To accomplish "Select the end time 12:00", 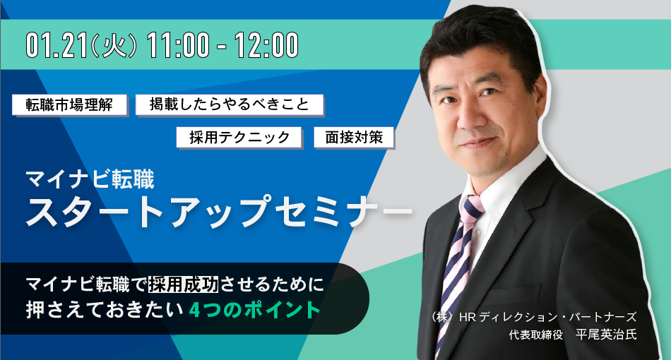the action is tap(266, 45).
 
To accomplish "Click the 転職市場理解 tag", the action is tap(69, 104).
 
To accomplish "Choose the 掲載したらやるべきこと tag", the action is tap(230, 104).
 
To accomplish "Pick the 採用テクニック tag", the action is tap(239, 137).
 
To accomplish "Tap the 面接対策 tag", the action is tap(354, 137).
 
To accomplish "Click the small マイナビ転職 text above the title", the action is tap(90, 179).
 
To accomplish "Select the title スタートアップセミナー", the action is tap(219, 211).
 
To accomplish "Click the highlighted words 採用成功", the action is tap(183, 284).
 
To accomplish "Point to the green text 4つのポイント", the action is tap(254, 310).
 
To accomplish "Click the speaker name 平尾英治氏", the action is tap(607, 335).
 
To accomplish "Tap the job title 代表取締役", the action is tap(536, 335).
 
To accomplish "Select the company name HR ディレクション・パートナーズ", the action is tap(548, 317).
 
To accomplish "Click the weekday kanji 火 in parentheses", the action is tap(114, 46).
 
